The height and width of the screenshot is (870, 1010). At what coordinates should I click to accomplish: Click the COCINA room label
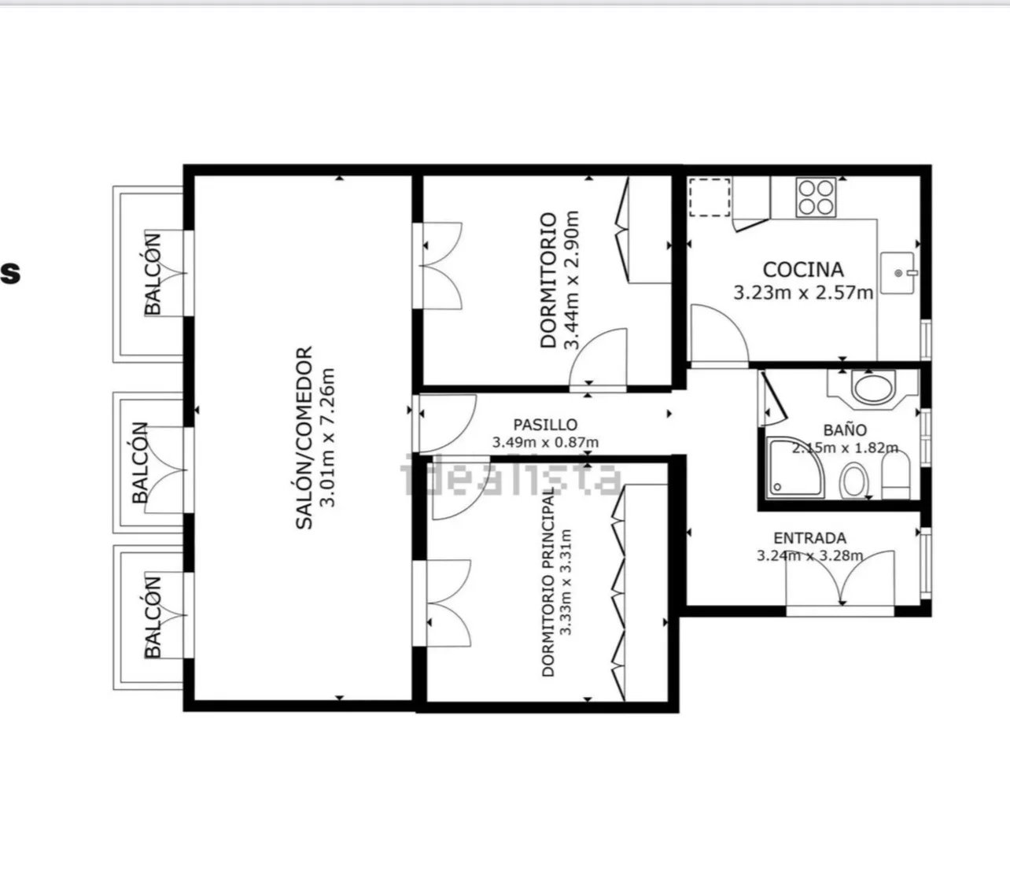click(803, 270)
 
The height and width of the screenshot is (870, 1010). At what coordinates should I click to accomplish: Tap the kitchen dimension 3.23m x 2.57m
click(803, 293)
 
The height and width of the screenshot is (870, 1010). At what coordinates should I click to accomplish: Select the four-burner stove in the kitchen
click(816, 197)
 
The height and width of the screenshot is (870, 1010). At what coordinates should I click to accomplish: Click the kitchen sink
click(898, 273)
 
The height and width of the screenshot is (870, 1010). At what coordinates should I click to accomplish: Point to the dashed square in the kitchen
click(710, 197)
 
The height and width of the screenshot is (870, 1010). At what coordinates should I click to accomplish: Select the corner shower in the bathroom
click(794, 468)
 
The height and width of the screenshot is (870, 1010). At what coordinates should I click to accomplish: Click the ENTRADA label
click(809, 538)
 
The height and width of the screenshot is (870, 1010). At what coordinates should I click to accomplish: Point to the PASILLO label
click(545, 425)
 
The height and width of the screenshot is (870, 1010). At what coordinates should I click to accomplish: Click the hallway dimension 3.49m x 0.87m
click(545, 442)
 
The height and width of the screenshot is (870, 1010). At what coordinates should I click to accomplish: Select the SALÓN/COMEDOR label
click(304, 438)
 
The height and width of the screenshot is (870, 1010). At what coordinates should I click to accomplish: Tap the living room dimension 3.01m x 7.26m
click(327, 438)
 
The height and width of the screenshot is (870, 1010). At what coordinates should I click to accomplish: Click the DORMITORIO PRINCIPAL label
click(548, 581)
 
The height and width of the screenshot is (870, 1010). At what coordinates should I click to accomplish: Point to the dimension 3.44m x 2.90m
click(571, 280)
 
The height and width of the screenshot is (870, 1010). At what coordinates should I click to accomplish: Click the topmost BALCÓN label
click(153, 275)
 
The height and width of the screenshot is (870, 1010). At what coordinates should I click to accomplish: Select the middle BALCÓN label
click(140, 463)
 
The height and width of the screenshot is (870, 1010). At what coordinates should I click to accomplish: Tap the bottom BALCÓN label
click(153, 617)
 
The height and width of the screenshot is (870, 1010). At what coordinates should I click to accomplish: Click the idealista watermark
click(511, 474)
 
